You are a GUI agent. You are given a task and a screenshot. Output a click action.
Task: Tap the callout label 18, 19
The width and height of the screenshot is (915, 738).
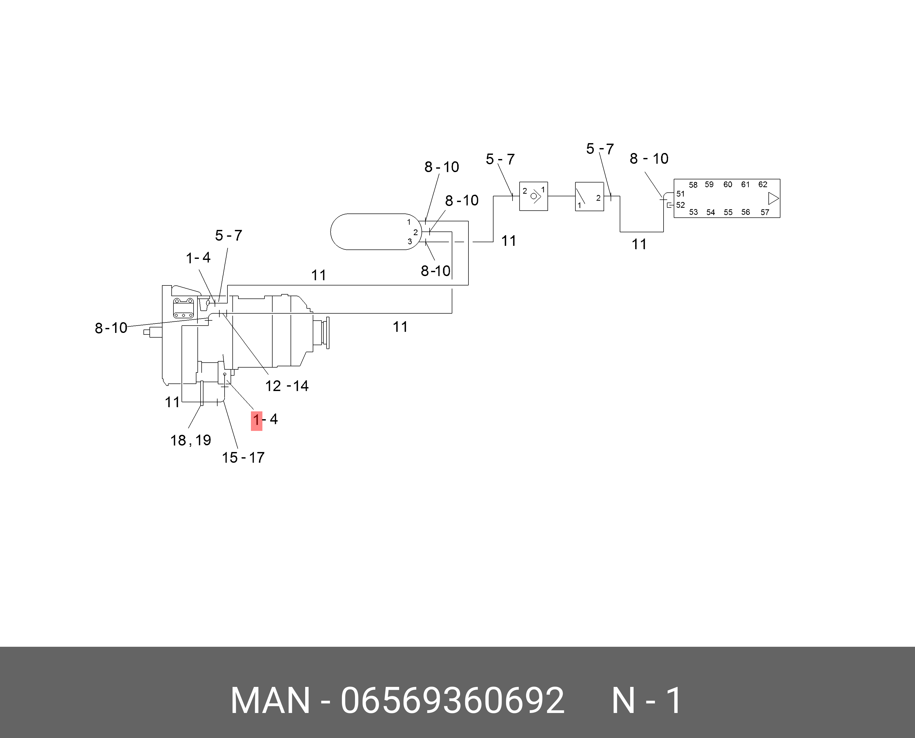(191, 440)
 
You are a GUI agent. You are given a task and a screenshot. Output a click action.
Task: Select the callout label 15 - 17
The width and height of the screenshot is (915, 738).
(243, 458)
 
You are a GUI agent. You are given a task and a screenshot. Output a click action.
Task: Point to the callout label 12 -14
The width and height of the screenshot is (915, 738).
(287, 386)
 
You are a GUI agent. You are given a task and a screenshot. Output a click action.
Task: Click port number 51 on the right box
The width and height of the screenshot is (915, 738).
(681, 194)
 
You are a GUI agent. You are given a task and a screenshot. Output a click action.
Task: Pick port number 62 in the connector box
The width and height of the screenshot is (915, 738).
(763, 185)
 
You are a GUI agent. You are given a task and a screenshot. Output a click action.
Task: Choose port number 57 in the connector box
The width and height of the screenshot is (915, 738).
(765, 212)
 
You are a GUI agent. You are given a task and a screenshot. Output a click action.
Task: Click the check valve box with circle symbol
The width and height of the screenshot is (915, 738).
(533, 196)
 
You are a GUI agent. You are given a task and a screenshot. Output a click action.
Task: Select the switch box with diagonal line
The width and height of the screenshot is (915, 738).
(589, 196)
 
